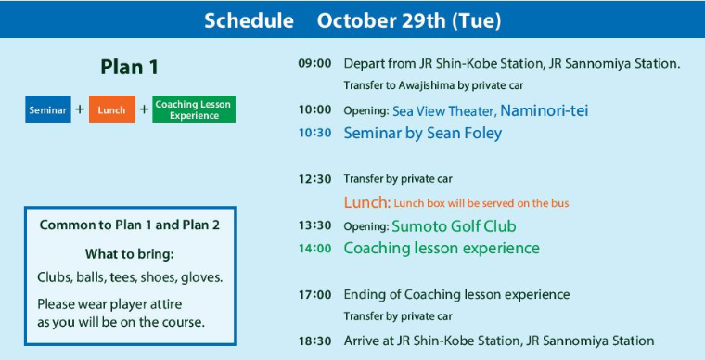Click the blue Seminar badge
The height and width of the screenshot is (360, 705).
48,109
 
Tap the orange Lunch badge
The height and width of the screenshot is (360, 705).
112,109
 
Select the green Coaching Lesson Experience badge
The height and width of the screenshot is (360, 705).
194,109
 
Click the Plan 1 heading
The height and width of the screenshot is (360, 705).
130,68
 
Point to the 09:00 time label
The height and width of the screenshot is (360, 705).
314,63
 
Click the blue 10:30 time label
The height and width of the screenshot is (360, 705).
314,133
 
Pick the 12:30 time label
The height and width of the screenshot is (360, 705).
314,179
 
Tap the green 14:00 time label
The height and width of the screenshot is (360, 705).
314,248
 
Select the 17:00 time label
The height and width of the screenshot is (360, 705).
314,295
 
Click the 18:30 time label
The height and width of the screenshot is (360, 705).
314,341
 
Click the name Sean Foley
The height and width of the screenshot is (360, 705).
465,134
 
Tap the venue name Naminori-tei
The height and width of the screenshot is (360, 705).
544,110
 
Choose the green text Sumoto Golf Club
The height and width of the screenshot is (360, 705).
454,226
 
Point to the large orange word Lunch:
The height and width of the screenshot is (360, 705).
367,202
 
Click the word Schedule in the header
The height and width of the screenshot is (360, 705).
250,21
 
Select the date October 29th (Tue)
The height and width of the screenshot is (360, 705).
409,21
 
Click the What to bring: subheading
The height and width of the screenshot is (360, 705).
130,254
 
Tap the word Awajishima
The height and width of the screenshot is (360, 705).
426,85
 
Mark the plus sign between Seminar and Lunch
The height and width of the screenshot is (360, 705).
80,109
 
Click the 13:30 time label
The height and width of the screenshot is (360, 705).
314,225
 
